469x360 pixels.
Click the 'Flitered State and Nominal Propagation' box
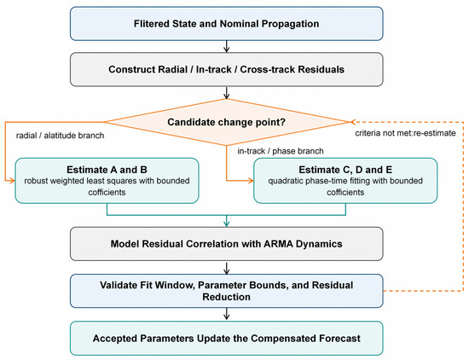point(227,24)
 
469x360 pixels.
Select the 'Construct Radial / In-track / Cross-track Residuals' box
point(227,69)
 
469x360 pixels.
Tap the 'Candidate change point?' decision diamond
point(227,122)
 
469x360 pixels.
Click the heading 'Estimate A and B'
point(107,170)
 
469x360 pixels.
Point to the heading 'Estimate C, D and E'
point(345,170)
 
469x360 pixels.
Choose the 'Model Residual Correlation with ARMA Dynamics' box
point(227,244)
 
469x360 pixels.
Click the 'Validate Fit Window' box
point(227,291)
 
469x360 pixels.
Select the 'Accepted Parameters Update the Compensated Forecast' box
point(227,339)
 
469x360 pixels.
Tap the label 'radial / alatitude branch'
point(61,136)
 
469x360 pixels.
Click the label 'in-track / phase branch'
point(281,151)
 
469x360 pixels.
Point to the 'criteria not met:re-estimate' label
point(405,133)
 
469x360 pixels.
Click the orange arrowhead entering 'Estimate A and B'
point(12,181)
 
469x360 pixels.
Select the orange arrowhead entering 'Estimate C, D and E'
point(251,181)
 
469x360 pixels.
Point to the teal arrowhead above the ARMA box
point(227,224)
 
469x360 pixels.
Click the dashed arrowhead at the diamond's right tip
point(352,122)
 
